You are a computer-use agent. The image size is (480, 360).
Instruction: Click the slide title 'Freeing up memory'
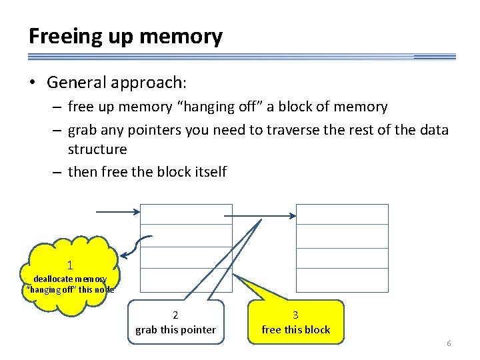click(x=125, y=36)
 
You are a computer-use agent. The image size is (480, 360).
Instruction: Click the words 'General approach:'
click(x=117, y=83)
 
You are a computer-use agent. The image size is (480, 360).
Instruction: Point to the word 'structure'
click(x=97, y=148)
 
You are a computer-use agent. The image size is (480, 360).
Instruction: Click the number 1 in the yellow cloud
click(x=70, y=265)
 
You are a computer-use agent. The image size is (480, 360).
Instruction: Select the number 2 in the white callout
click(x=175, y=315)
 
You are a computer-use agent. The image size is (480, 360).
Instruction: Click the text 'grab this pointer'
click(x=175, y=329)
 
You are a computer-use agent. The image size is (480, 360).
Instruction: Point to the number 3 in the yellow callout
click(x=296, y=315)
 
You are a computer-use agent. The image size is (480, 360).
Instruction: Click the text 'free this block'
click(x=296, y=329)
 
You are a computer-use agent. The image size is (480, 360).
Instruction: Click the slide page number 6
click(x=449, y=343)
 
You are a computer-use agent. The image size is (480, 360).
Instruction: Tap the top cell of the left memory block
click(x=186, y=214)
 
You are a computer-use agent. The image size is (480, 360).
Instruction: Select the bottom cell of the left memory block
click(x=186, y=280)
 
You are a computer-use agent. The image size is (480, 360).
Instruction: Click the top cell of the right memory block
click(x=342, y=214)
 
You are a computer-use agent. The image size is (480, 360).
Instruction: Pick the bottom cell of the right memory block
click(x=342, y=280)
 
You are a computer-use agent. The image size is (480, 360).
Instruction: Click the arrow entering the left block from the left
click(x=118, y=213)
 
